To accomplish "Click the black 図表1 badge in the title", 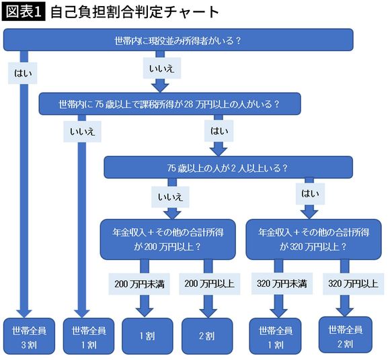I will (24, 12).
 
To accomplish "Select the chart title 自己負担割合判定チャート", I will (134, 12).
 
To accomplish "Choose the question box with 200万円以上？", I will (168, 239).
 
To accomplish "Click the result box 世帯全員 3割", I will (26, 338).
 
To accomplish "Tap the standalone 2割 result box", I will (206, 336).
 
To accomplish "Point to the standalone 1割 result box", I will (144, 336).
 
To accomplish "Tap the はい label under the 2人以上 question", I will (311, 195).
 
